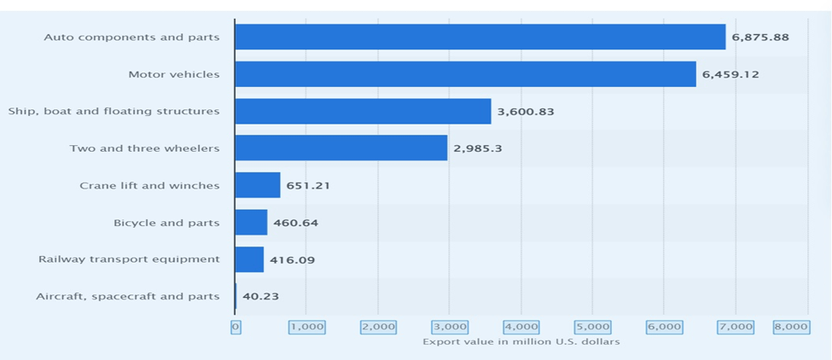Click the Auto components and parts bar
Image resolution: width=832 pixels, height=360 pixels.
click(x=480, y=37)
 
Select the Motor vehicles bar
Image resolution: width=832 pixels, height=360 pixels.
click(x=465, y=74)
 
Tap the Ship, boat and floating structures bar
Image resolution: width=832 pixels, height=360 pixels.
click(x=363, y=111)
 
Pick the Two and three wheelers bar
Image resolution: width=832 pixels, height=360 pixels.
click(x=340, y=148)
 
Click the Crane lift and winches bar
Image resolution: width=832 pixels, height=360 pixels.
click(x=257, y=185)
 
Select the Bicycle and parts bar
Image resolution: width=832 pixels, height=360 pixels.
click(x=251, y=223)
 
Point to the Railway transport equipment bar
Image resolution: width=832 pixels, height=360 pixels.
click(x=249, y=259)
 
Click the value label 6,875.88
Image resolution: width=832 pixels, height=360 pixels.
click(x=759, y=38)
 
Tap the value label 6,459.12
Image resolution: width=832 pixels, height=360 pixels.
click(x=730, y=74)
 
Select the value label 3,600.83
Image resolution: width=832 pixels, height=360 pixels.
click(x=526, y=112)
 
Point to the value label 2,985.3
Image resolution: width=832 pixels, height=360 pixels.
click(x=478, y=148)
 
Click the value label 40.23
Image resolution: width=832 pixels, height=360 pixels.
click(x=259, y=297)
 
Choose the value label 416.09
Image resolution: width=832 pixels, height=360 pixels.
click(x=292, y=260)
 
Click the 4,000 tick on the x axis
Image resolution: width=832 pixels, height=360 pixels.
click(x=521, y=327)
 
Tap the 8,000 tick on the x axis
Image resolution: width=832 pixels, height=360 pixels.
click(x=791, y=327)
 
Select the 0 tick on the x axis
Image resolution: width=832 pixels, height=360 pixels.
click(x=236, y=327)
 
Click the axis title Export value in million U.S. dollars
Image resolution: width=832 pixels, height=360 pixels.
click(x=521, y=342)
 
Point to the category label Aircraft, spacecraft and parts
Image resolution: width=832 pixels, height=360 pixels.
click(x=127, y=297)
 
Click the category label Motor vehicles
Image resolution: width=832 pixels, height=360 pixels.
click(x=173, y=74)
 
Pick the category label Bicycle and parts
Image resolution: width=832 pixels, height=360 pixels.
click(x=166, y=223)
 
